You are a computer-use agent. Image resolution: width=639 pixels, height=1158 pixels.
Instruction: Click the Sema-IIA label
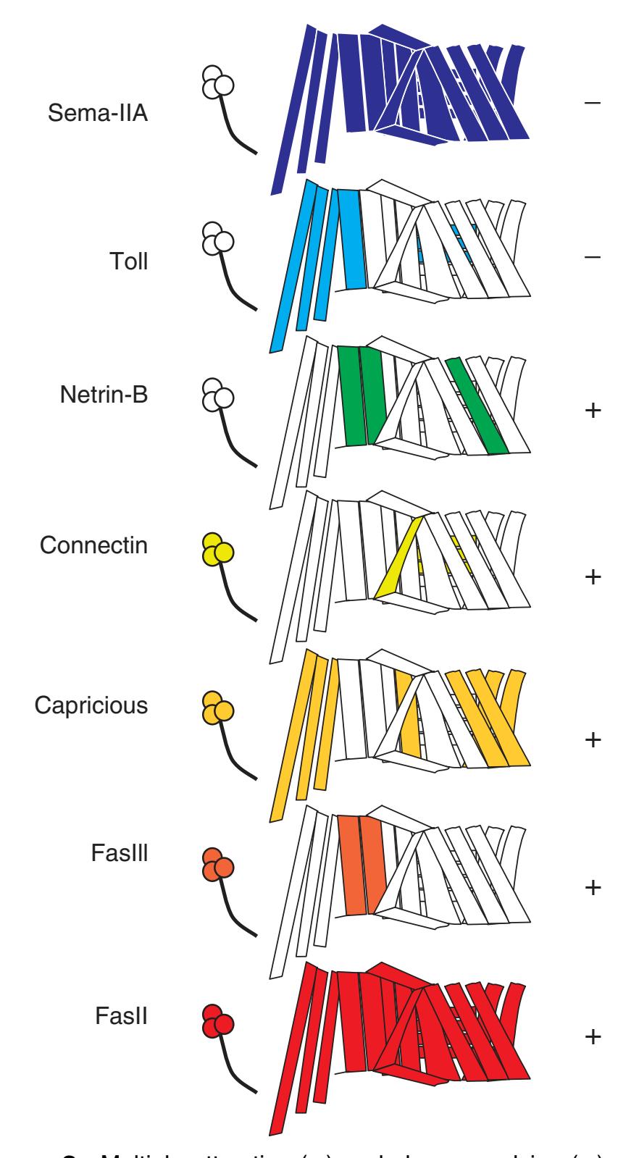click(98, 114)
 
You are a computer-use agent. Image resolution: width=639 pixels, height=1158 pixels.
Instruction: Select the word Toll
click(127, 261)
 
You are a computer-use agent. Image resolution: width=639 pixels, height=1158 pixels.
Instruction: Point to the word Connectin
click(93, 545)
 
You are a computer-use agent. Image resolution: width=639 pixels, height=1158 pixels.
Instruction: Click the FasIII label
click(120, 853)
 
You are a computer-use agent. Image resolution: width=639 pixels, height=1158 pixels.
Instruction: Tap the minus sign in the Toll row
click(592, 258)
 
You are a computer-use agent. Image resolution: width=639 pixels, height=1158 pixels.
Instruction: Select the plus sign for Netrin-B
click(592, 411)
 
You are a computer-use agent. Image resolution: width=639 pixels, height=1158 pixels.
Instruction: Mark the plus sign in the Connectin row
click(592, 577)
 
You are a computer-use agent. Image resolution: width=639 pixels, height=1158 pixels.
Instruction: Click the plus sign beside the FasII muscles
click(592, 1037)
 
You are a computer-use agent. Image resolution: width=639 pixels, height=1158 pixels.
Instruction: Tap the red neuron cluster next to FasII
click(217, 1020)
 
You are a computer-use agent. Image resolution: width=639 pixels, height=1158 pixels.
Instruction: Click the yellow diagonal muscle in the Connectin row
click(399, 558)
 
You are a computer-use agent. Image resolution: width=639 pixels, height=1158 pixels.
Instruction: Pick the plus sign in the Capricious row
click(592, 740)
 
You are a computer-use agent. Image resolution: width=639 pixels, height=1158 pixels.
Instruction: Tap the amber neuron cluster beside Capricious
click(217, 708)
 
